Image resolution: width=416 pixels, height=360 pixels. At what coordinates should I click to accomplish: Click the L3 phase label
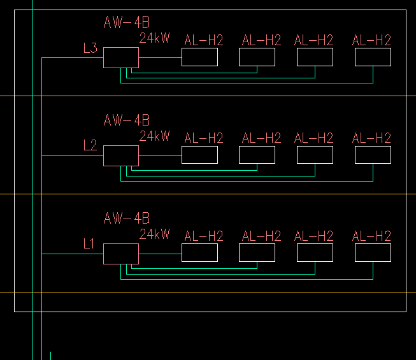90,47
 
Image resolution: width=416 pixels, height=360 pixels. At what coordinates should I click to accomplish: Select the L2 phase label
90,145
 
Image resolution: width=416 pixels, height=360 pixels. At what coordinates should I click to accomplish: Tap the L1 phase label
89,243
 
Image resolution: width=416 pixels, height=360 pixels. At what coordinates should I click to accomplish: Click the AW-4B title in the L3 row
127,23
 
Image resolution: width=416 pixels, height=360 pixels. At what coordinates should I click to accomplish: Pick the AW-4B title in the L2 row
127,120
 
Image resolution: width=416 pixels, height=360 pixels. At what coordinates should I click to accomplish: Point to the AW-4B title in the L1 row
127,219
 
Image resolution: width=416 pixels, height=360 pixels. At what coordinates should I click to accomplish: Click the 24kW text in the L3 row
155,38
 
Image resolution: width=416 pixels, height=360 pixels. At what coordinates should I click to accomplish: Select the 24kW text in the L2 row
155,136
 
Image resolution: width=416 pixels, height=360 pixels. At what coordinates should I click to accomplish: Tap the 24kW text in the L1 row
155,234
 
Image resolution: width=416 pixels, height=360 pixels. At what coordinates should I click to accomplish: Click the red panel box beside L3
121,57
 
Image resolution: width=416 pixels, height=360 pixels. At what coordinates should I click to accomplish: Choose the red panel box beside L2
121,155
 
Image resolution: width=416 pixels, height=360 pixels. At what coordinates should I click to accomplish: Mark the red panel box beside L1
121,254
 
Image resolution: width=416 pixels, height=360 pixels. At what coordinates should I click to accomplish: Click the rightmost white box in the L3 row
373,57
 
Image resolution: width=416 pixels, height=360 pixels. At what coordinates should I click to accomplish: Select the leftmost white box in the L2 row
199,155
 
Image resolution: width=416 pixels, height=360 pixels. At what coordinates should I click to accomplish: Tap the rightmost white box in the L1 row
373,253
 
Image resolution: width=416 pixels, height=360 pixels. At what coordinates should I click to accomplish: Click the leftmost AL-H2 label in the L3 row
204,41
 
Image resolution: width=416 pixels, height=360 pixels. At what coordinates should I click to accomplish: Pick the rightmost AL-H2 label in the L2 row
371,138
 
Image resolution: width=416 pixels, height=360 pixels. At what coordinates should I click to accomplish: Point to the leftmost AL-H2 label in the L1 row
204,236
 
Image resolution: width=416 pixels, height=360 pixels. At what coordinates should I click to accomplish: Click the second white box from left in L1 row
257,253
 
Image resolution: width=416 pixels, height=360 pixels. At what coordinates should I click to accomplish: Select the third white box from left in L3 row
315,57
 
